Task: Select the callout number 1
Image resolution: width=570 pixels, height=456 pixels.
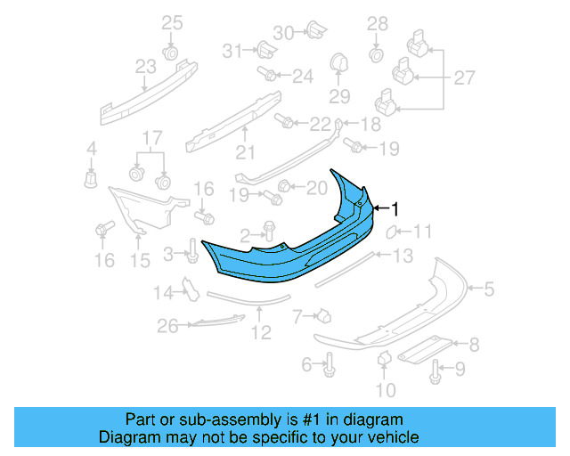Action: point(395,208)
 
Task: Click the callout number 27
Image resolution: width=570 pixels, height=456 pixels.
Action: point(464,78)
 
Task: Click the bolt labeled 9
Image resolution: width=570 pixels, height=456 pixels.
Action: point(436,373)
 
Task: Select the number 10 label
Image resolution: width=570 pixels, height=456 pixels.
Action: point(385,389)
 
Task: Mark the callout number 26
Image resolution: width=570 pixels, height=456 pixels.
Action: point(168,328)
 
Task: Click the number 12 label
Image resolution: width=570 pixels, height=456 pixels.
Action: point(260,333)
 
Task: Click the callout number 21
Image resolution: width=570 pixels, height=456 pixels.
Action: point(245,151)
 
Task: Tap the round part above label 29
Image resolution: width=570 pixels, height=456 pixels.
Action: point(338,65)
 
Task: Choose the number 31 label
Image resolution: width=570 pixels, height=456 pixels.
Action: point(232,51)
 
